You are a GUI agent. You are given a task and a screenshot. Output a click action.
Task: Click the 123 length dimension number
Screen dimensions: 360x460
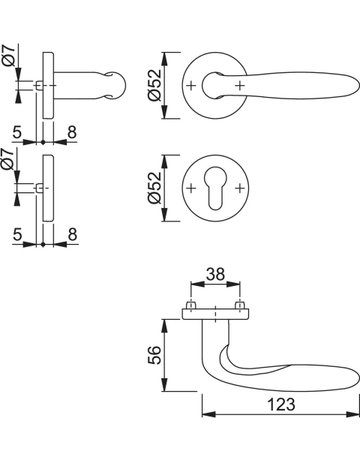click(x=281, y=404)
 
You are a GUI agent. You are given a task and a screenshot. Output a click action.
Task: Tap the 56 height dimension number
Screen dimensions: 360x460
click(x=154, y=355)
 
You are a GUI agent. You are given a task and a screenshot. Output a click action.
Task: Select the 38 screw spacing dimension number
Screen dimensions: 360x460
click(x=215, y=274)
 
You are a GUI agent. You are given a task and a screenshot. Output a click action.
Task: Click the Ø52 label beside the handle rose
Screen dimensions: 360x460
click(x=154, y=85)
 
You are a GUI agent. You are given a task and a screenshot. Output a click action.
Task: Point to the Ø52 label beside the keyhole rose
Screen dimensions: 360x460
click(x=154, y=188)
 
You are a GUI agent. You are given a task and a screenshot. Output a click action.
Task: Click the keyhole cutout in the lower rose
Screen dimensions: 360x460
click(x=215, y=188)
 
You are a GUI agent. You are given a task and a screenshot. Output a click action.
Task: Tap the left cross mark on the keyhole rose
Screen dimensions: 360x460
click(x=191, y=188)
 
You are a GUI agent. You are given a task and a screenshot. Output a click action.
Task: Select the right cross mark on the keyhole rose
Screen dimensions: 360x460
click(x=240, y=188)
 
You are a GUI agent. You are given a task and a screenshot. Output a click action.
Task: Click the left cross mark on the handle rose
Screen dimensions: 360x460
click(x=191, y=86)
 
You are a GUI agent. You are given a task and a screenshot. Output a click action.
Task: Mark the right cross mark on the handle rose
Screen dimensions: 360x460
click(x=240, y=86)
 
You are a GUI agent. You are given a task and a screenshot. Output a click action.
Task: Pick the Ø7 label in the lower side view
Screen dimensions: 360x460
click(x=8, y=159)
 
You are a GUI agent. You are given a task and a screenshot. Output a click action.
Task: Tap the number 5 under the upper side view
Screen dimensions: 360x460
click(x=17, y=132)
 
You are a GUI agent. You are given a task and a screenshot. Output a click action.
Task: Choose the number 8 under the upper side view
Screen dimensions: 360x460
click(x=72, y=132)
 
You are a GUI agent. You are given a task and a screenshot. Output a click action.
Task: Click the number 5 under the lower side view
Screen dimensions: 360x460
click(x=17, y=234)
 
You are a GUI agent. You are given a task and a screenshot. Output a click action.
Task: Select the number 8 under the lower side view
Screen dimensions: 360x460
click(x=72, y=234)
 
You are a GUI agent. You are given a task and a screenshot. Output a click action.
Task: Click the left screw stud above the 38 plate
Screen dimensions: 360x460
click(x=191, y=305)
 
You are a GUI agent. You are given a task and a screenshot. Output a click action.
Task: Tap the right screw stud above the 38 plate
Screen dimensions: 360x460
click(x=240, y=305)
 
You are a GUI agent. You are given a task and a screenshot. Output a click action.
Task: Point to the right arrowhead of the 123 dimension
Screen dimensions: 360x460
click(x=353, y=414)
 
